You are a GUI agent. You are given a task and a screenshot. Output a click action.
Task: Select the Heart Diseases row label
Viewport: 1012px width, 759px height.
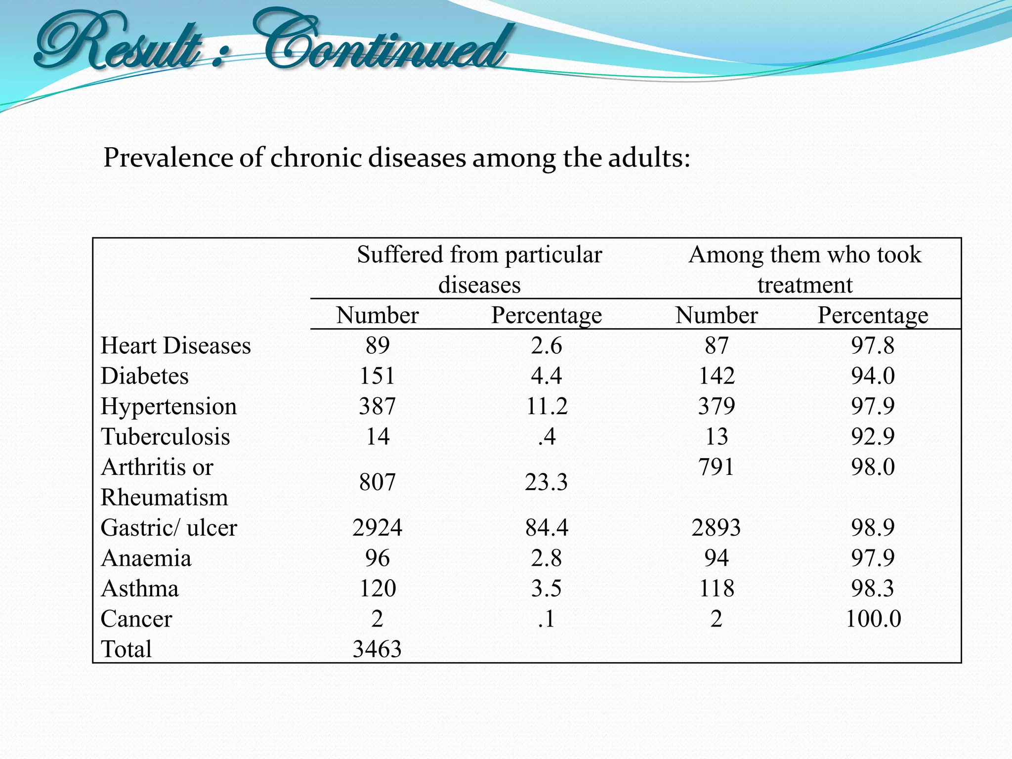pos(175,345)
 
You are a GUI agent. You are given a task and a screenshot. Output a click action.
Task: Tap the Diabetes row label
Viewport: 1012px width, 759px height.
pos(144,376)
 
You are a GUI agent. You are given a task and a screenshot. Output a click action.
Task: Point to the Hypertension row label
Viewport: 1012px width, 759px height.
pos(169,407)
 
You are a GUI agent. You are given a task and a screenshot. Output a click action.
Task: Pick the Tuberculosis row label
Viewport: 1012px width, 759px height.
pos(165,437)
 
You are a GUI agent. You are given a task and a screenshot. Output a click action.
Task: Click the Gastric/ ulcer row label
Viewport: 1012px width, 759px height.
pos(169,528)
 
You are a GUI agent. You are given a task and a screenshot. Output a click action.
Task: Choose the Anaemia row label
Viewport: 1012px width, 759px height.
pos(146,558)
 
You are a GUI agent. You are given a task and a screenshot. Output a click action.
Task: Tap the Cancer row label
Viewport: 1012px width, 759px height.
pos(136,619)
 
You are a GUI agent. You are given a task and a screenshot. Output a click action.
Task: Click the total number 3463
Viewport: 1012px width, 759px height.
pos(377,649)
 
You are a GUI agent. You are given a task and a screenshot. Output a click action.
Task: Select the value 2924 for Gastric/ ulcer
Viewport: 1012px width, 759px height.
pos(377,528)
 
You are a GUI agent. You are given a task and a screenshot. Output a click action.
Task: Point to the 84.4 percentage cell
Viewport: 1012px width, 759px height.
pos(547,528)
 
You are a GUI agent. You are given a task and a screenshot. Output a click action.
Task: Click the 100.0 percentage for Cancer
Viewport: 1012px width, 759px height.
pos(873,619)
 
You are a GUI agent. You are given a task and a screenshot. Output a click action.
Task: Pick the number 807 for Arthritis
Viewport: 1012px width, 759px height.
pos(377,482)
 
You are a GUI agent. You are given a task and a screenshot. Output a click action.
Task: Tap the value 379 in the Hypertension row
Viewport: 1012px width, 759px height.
pos(717,407)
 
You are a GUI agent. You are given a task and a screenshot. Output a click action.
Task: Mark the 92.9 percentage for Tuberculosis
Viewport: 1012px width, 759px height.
pos(873,437)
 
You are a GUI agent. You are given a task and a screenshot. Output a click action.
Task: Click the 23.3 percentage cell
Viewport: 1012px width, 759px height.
pos(546,482)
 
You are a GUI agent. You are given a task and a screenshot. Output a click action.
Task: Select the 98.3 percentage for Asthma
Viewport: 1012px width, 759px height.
pos(873,589)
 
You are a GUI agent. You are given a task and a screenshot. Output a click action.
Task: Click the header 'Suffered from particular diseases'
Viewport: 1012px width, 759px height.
pos(479,269)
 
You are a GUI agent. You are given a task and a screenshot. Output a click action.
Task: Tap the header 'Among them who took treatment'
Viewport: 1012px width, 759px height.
pos(805,269)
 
